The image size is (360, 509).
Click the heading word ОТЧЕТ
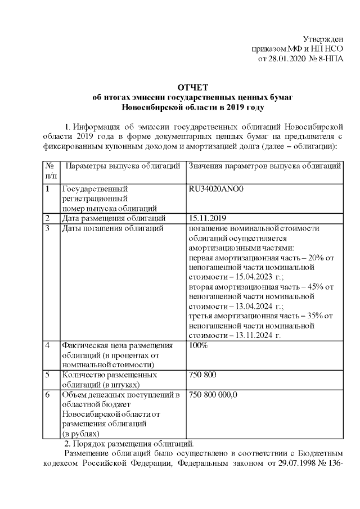click(192, 87)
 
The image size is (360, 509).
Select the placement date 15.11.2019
click(208, 218)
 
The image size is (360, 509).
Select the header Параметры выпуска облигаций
click(123, 166)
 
